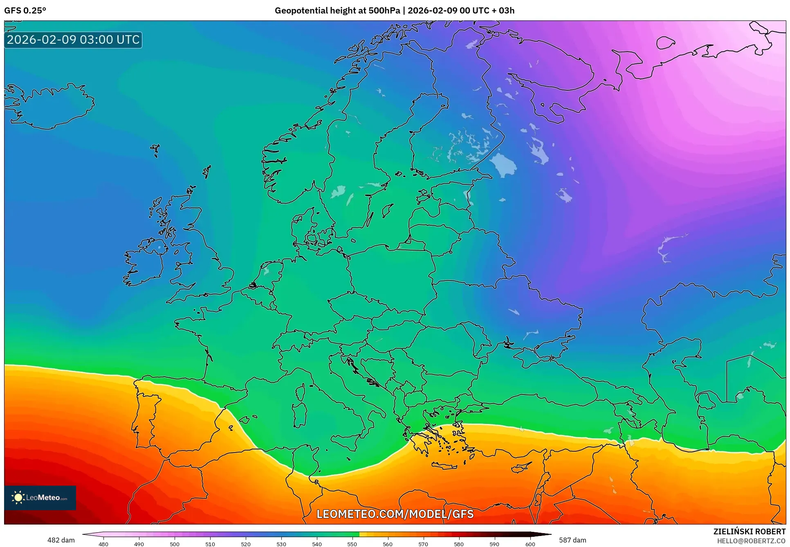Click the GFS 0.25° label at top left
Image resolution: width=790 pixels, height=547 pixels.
pyautogui.click(x=25, y=11)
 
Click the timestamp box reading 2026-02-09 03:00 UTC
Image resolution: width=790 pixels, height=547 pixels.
pyautogui.click(x=73, y=40)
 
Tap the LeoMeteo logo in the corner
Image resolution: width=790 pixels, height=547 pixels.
pyautogui.click(x=40, y=498)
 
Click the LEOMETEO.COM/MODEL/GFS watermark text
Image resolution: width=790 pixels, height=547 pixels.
pyautogui.click(x=395, y=514)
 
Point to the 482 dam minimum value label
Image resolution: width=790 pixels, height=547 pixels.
pyautogui.click(x=61, y=540)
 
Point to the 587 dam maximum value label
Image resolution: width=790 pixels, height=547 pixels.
pyautogui.click(x=572, y=540)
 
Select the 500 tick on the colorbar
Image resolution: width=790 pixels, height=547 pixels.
pyautogui.click(x=175, y=544)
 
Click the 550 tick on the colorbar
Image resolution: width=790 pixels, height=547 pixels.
pyautogui.click(x=352, y=544)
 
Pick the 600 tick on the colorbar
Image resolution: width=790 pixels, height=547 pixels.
pyautogui.click(x=530, y=544)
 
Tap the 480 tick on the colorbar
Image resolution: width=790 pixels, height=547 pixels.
pyautogui.click(x=103, y=544)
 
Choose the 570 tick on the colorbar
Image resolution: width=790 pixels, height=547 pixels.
pyautogui.click(x=423, y=544)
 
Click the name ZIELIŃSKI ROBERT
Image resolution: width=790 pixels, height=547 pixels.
pyautogui.click(x=749, y=531)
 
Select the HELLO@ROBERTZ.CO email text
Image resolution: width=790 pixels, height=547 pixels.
pyautogui.click(x=751, y=541)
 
